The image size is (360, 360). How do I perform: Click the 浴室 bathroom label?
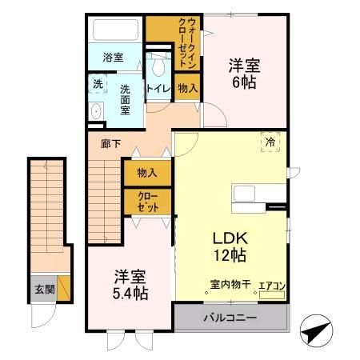coord(114,58)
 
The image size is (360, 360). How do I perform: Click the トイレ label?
coord(156,88)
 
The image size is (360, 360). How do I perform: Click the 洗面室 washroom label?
coord(126,100)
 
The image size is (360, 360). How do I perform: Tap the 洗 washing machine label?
coord(98,83)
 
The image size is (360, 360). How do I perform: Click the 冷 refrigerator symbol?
coord(270,142)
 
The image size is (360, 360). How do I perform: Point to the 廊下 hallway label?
coord(110,145)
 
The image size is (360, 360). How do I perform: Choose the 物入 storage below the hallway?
coord(146,173)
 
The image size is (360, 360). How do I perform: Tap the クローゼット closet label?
coord(146,202)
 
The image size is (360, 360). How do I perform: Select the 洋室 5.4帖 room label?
coord(129,285)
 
